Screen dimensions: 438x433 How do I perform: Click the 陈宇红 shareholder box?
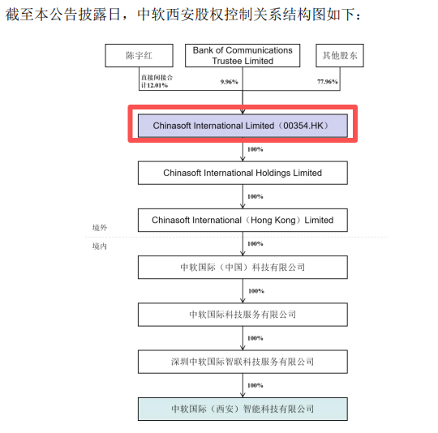[140, 55]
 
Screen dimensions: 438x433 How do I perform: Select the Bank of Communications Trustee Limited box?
[243, 55]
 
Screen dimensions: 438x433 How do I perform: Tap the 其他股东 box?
[340, 55]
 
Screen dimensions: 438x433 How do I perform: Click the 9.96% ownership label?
[229, 82]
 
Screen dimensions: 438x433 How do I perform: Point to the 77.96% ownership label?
[328, 82]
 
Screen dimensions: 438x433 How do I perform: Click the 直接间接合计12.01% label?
[157, 81]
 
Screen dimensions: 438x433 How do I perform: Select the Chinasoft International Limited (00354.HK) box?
[243, 126]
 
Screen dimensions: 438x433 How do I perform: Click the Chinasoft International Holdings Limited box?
[243, 173]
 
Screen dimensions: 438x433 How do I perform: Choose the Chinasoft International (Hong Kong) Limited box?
[243, 220]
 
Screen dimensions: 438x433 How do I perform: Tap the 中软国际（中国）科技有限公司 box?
[243, 267]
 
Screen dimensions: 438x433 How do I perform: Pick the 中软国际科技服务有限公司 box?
[243, 315]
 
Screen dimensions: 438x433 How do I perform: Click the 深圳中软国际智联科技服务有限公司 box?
[243, 362]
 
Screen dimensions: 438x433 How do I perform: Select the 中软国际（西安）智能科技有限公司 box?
[243, 409]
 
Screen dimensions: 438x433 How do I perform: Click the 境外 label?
[100, 228]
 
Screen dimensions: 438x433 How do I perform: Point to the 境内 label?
[100, 246]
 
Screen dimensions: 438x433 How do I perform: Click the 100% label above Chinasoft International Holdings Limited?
[255, 149]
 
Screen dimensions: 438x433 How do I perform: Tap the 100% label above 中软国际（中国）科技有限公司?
[255, 244]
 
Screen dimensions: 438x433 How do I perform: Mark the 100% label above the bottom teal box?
[255, 385]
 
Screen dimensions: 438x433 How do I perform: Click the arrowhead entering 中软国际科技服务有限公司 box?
[243, 301]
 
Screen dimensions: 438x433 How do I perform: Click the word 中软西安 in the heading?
[166, 14]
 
